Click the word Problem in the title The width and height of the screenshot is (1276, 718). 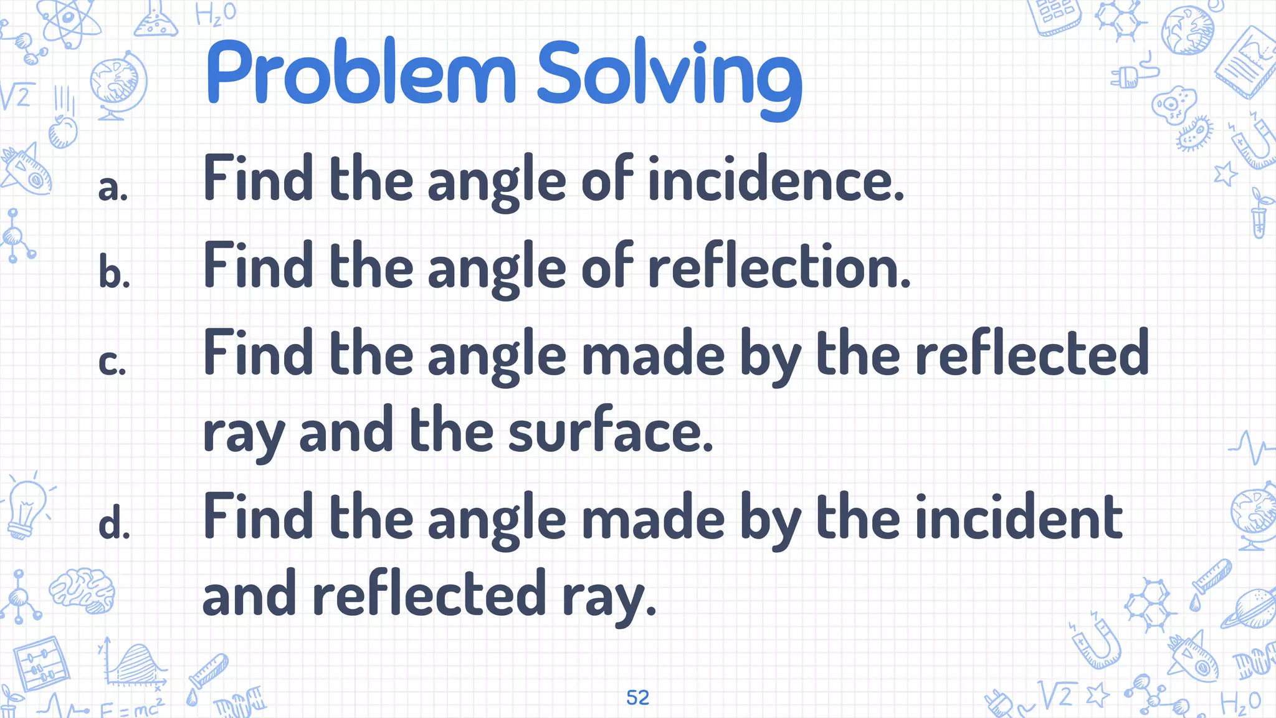click(361, 74)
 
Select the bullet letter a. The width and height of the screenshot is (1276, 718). click(113, 188)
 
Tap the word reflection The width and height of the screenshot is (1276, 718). click(779, 266)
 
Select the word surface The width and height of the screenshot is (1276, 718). click(611, 431)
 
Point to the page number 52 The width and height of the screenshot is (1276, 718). click(637, 697)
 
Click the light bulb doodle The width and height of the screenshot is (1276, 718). click(26, 508)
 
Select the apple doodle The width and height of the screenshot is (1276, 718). click(62, 130)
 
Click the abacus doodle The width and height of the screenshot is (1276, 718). click(41, 664)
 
